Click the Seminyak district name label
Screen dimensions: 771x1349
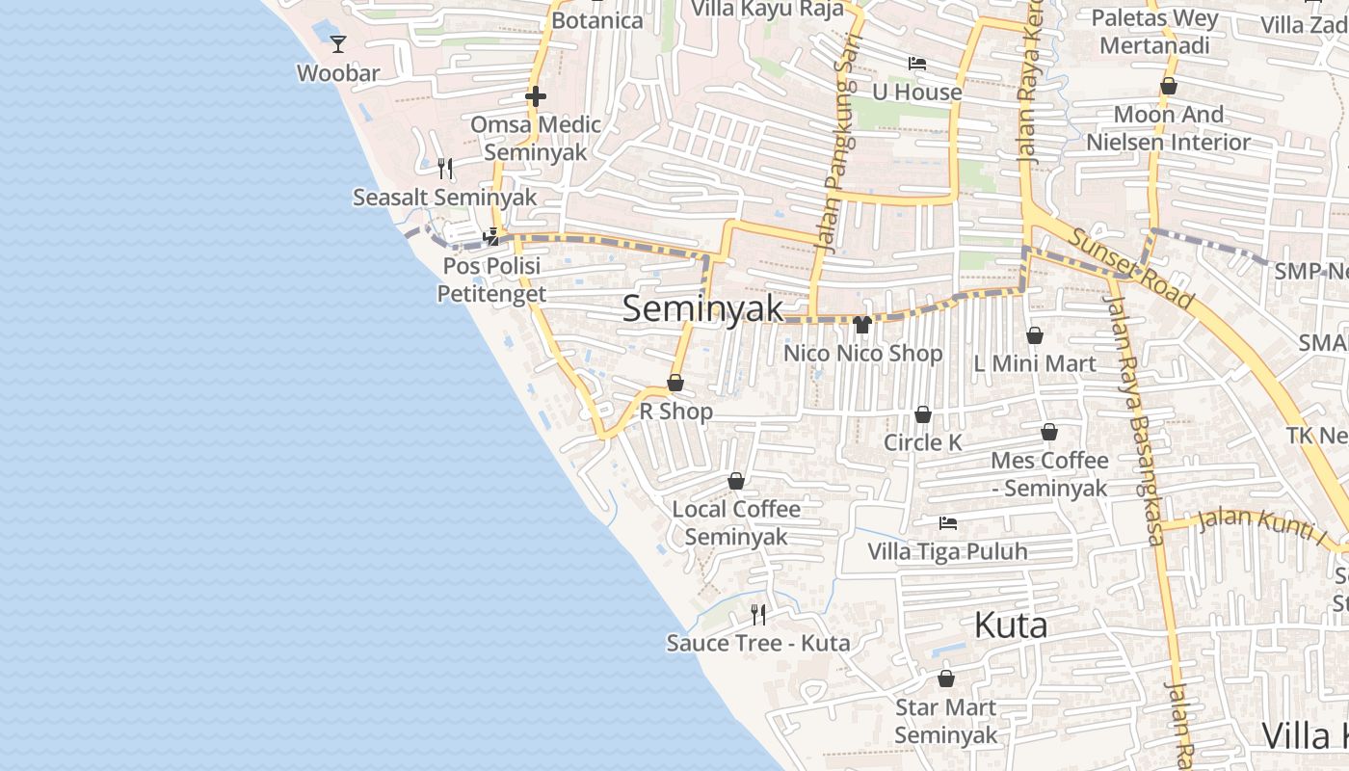(x=702, y=308)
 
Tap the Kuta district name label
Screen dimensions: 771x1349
(x=1010, y=625)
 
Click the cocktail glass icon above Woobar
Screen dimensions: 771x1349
(x=338, y=43)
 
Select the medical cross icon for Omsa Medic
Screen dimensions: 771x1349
(x=536, y=95)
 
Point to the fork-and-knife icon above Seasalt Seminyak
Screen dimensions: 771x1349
(x=444, y=169)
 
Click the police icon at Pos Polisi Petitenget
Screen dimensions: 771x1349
(x=491, y=236)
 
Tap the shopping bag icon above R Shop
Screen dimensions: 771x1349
(x=675, y=383)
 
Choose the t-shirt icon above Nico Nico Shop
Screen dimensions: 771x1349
(x=861, y=324)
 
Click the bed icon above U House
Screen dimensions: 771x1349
(x=917, y=64)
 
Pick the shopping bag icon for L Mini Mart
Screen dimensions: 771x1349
(x=1035, y=335)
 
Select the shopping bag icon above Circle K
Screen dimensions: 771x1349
(x=923, y=414)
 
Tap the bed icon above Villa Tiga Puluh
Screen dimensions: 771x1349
(x=948, y=523)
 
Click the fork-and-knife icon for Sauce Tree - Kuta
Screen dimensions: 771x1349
(x=758, y=614)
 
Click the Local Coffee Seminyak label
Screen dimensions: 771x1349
(x=736, y=522)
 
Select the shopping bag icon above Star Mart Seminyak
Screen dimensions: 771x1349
(x=946, y=678)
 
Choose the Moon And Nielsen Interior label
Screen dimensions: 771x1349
(x=1168, y=128)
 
